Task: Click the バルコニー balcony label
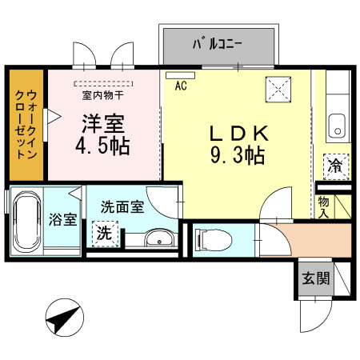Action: click(221, 44)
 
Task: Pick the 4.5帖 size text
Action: click(103, 148)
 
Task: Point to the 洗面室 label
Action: click(122, 206)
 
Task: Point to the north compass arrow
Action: click(62, 321)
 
